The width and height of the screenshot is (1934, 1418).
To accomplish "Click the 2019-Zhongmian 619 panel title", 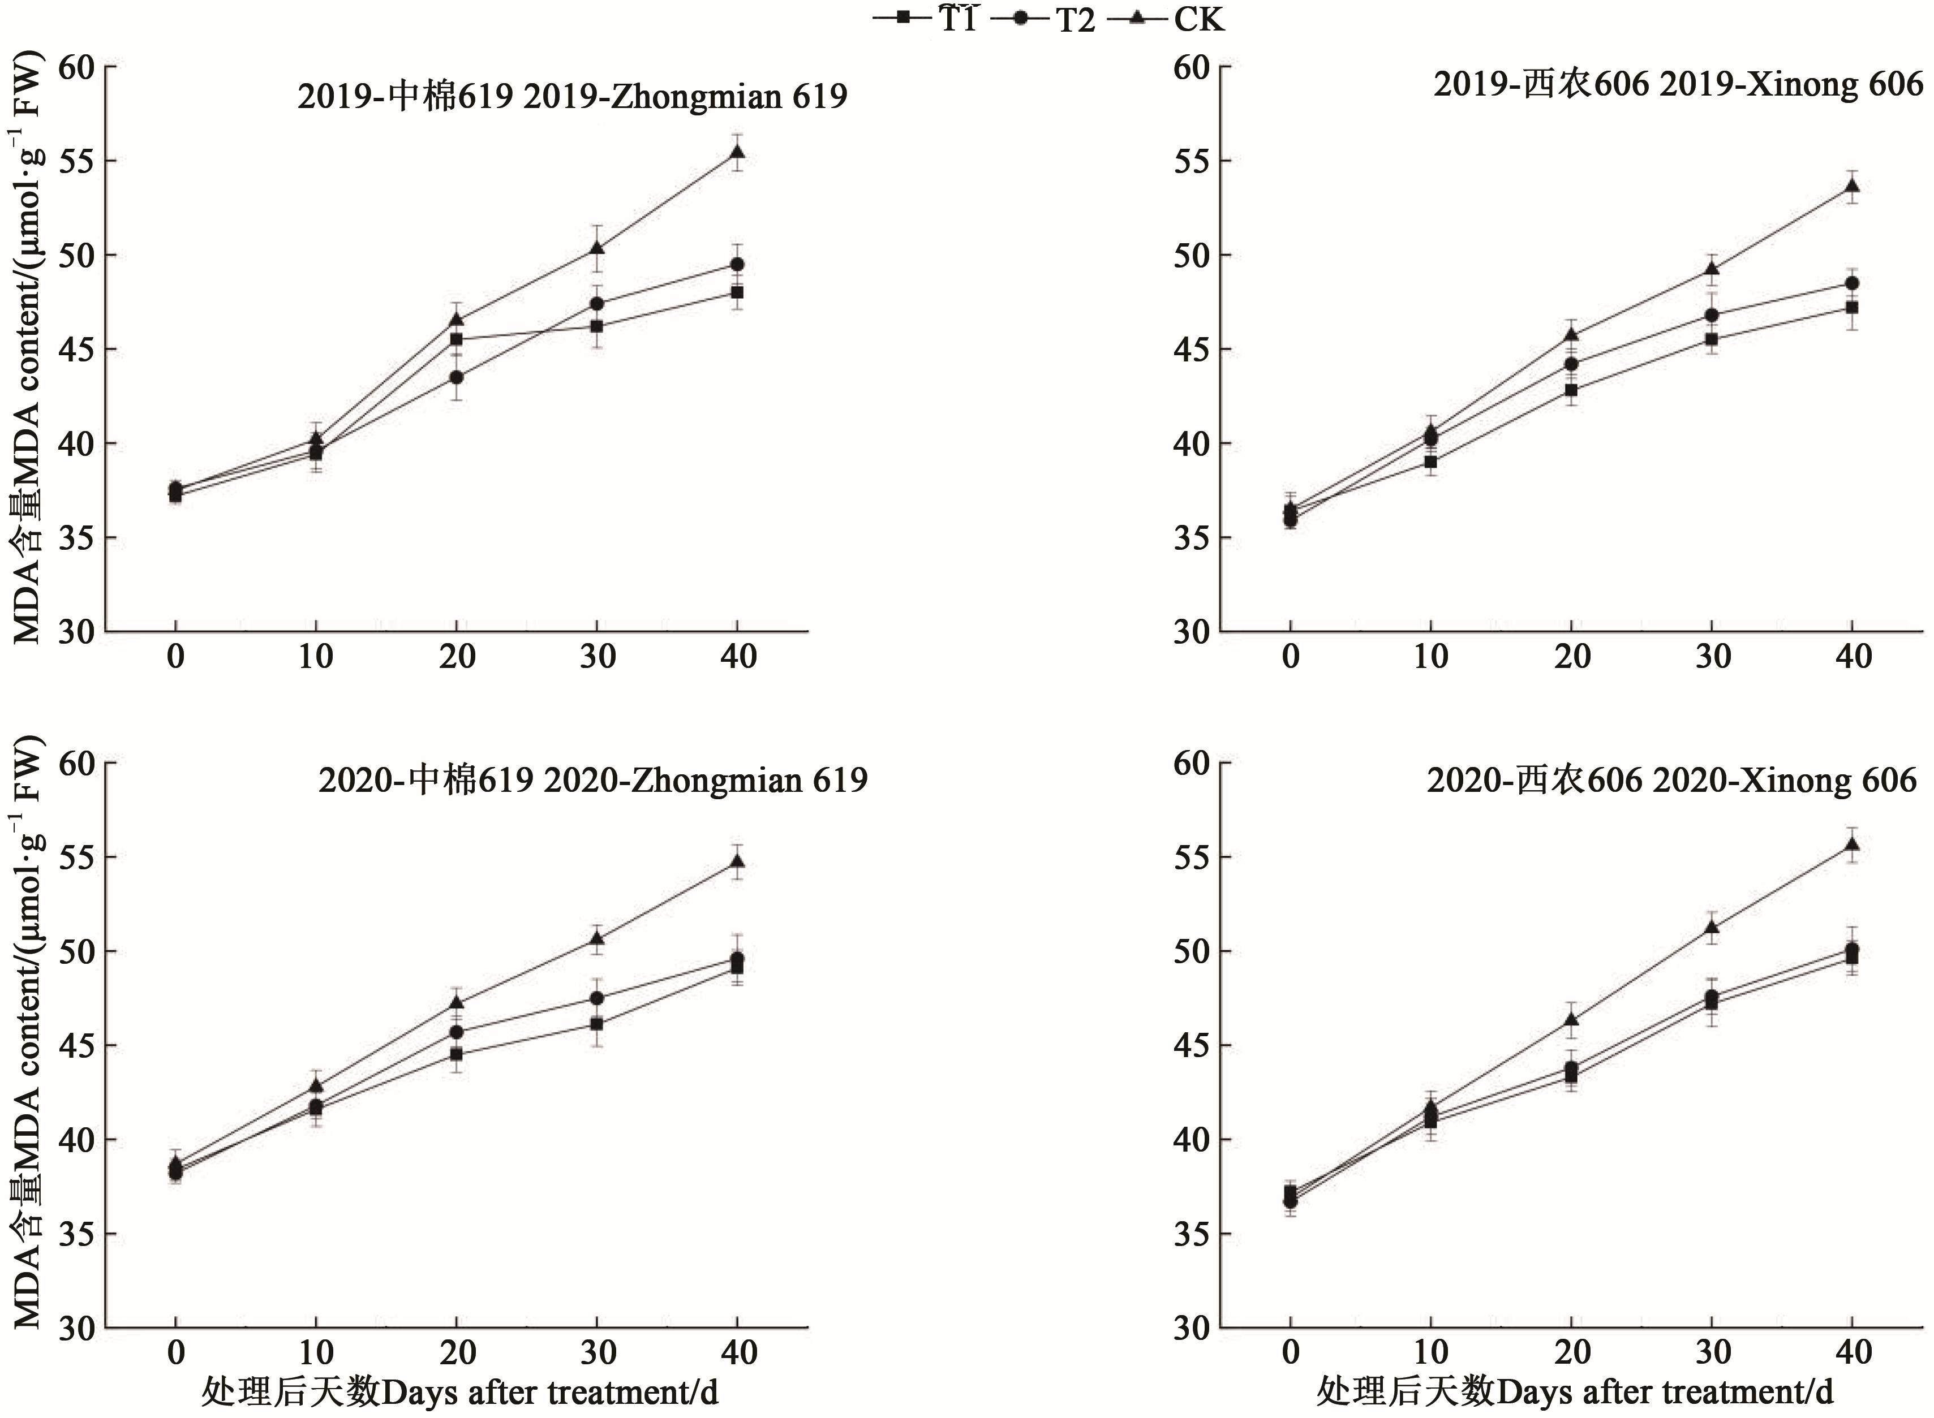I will (x=572, y=96).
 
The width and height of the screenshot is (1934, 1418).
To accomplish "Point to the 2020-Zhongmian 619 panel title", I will (x=592, y=779).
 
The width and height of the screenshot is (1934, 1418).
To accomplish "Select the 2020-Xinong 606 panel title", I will (x=1671, y=779).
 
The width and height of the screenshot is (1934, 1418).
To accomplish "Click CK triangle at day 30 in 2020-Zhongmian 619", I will (x=597, y=938).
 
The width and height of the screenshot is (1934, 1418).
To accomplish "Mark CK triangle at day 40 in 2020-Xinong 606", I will (x=1853, y=844).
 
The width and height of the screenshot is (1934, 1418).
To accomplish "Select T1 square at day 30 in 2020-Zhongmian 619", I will (x=597, y=1024).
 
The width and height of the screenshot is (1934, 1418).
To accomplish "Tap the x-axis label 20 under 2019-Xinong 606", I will (x=1572, y=657).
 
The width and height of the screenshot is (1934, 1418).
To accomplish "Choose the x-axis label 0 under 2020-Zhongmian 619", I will (x=176, y=1353).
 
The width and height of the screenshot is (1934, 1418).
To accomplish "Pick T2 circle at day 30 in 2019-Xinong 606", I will (x=1712, y=315).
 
